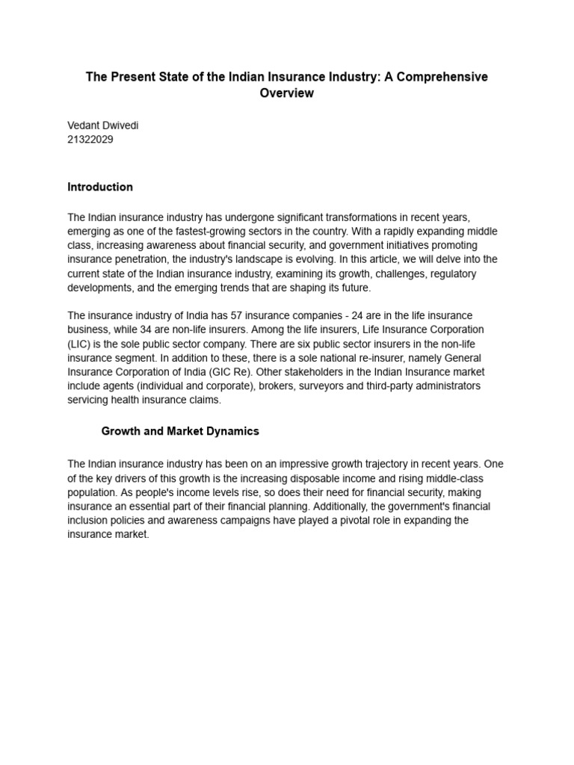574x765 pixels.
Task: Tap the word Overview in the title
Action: [x=287, y=93]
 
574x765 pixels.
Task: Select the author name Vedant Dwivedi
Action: [x=103, y=126]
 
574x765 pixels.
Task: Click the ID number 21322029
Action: [x=90, y=140]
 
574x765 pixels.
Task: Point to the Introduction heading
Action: [x=100, y=187]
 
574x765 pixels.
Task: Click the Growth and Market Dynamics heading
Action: [x=180, y=431]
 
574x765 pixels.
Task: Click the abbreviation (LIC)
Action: [x=79, y=344]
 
